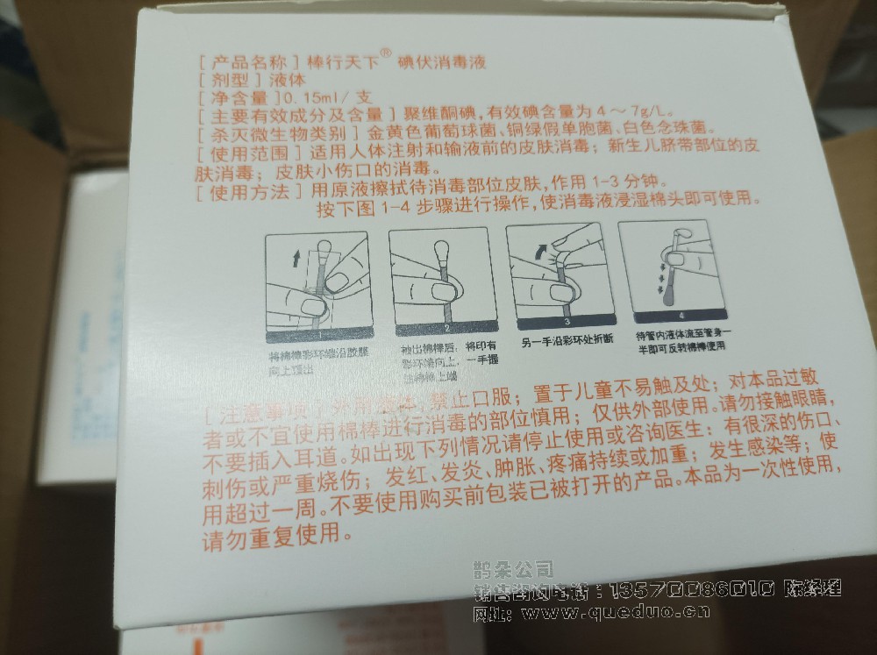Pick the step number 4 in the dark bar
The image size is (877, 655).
pos(679,315)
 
